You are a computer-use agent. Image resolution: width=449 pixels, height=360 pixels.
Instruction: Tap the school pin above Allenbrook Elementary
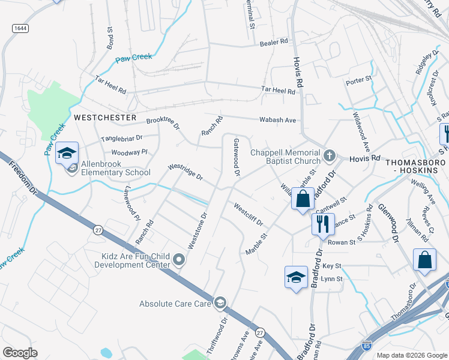coord(67,153)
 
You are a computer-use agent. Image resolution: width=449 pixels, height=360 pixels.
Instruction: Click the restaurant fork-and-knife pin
coord(323,224)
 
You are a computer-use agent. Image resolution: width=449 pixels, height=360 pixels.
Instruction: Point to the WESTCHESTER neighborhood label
coord(105,118)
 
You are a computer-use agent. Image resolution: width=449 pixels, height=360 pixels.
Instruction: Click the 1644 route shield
coord(19,28)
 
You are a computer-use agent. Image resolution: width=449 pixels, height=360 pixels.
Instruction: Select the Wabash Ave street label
coord(277,120)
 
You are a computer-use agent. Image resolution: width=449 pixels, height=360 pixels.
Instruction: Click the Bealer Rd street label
coord(274,43)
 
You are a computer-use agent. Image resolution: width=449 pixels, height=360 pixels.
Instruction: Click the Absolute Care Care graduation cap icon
coord(220,302)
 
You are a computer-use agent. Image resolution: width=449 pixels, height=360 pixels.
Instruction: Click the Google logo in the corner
coord(20,353)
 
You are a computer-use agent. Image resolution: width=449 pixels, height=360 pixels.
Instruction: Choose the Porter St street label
coord(359,79)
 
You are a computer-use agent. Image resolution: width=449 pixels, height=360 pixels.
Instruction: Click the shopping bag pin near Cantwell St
coord(303,198)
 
